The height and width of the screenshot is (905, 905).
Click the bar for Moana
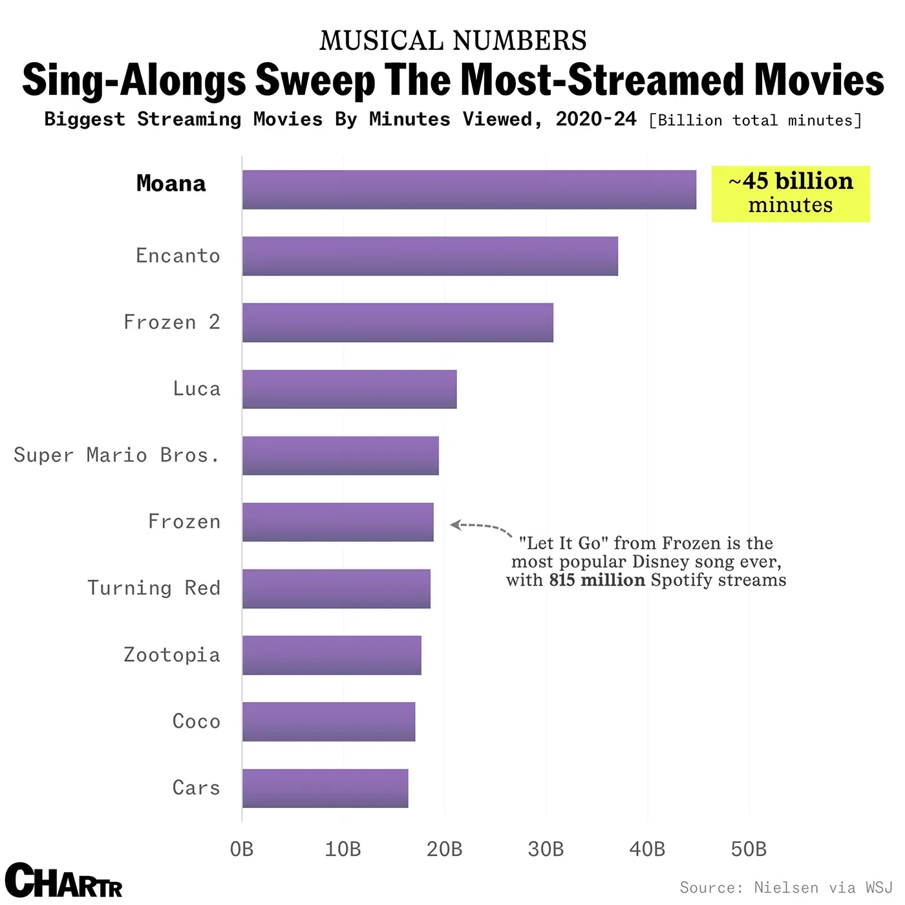point(469,189)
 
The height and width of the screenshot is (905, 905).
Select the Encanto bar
point(430,256)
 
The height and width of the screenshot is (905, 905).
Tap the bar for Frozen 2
point(398,323)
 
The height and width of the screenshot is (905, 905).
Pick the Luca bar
point(349,389)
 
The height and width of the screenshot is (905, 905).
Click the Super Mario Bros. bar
point(340,456)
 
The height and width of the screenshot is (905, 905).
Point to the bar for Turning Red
point(336,589)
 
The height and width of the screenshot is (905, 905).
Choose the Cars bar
point(325,788)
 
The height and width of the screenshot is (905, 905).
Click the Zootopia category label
point(172,655)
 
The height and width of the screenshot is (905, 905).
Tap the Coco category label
point(197,721)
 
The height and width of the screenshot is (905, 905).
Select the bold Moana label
point(171,184)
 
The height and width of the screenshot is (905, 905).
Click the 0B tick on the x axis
point(242,849)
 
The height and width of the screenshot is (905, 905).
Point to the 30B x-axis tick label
point(546,849)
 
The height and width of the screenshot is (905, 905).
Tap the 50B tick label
point(749,849)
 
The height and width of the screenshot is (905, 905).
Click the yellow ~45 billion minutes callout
point(791,193)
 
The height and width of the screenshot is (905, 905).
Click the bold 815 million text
point(597,580)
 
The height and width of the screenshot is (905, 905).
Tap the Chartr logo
point(63,880)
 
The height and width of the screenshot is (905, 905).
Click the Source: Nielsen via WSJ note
point(785,888)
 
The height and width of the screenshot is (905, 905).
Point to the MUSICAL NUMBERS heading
point(452,41)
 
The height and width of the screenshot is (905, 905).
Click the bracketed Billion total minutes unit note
point(755,121)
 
